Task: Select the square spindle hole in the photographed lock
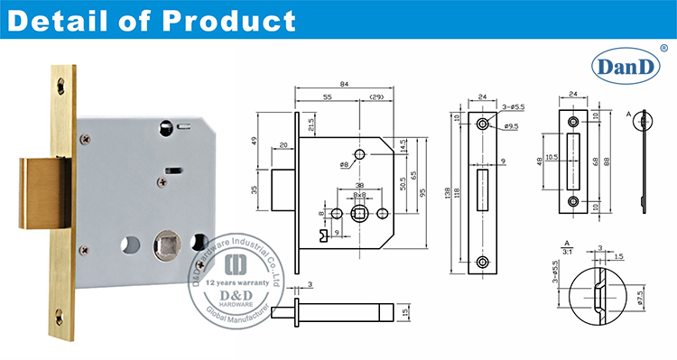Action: (x=167, y=244)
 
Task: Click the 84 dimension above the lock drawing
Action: (x=345, y=85)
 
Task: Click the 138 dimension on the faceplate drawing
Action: (x=449, y=192)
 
